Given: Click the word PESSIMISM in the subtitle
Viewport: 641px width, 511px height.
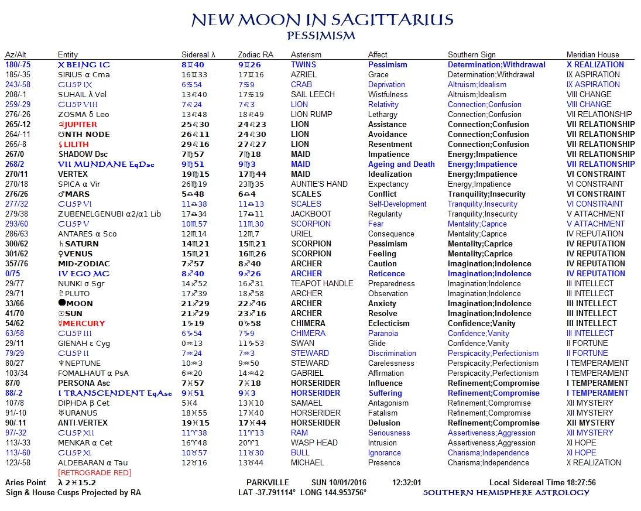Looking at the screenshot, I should click(x=321, y=36).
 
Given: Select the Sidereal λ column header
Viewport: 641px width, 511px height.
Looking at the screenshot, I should click(x=198, y=54).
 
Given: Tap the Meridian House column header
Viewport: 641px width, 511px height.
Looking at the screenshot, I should click(x=592, y=54).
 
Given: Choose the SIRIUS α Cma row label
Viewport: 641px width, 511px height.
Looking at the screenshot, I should click(x=84, y=75).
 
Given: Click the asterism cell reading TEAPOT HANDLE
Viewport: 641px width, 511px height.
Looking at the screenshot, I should click(x=322, y=284).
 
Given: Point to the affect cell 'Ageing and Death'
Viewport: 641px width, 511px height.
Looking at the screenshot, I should click(x=401, y=164).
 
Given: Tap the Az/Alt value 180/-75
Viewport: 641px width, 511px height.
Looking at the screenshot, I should click(x=18, y=65).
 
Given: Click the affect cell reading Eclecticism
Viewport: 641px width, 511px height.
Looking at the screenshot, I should click(x=389, y=324).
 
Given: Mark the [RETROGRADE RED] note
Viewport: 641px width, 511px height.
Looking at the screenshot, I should click(x=94, y=473).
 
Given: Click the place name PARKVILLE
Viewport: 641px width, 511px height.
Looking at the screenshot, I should click(x=268, y=483).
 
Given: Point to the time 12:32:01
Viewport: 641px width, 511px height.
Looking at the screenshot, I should click(x=407, y=483).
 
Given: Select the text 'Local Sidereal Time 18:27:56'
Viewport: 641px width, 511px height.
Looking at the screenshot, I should click(x=542, y=483).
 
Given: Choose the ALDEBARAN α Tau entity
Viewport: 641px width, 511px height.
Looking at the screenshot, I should click(x=92, y=463).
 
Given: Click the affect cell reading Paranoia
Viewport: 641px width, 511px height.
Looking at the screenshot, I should click(x=383, y=334).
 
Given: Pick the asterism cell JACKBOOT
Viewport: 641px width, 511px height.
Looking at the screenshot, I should click(x=311, y=214).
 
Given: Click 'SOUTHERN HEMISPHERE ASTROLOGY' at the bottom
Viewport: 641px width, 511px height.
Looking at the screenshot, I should click(x=506, y=493).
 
